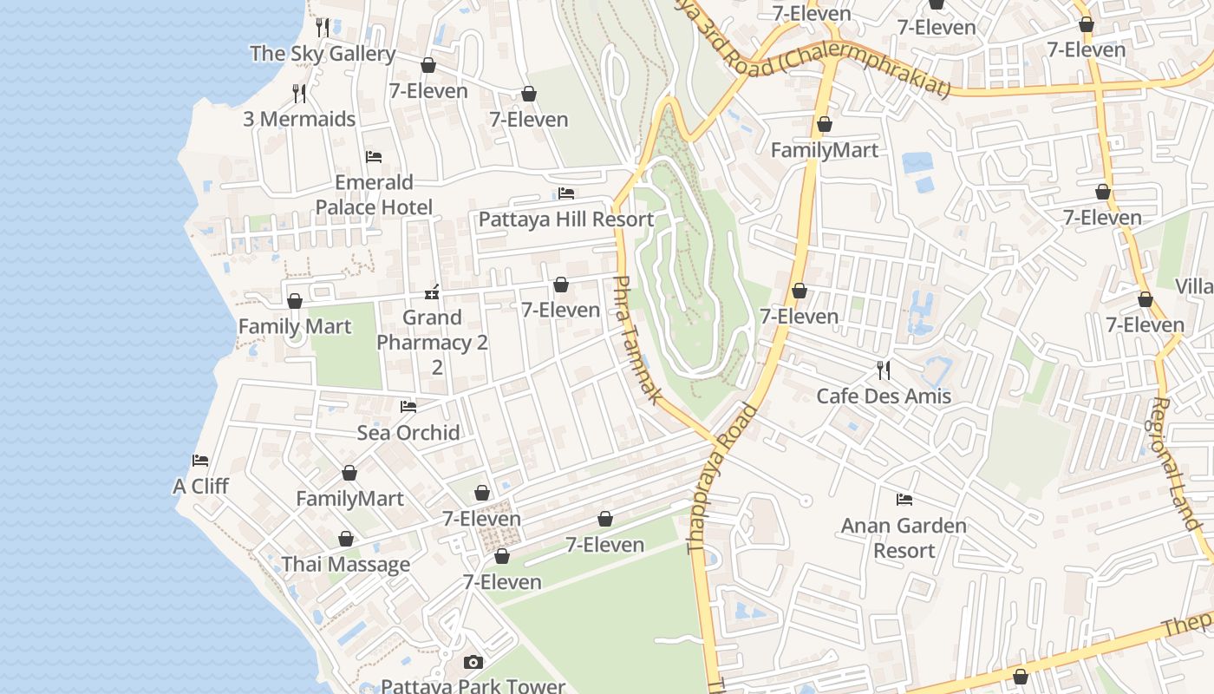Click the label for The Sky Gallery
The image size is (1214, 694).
[x=323, y=54]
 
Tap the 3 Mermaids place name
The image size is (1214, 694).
[x=299, y=119]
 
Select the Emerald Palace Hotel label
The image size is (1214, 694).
[x=374, y=194]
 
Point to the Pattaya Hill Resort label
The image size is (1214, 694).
[x=566, y=219]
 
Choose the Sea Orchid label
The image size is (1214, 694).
[x=408, y=432]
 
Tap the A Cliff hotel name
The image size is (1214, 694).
[x=200, y=486]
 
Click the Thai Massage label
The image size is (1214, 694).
[x=346, y=565]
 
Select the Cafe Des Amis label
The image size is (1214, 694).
[x=884, y=396]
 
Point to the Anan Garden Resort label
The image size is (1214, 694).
[x=904, y=538]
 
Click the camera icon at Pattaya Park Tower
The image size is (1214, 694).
[x=473, y=663]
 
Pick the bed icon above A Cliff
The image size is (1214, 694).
[x=200, y=461]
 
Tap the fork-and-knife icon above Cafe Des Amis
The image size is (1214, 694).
[x=884, y=370]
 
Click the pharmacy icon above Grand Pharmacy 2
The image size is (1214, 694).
[x=432, y=292]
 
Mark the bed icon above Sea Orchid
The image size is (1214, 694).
[x=408, y=406]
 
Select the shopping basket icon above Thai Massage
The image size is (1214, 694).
[x=346, y=539]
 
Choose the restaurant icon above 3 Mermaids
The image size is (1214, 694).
[x=299, y=93]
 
